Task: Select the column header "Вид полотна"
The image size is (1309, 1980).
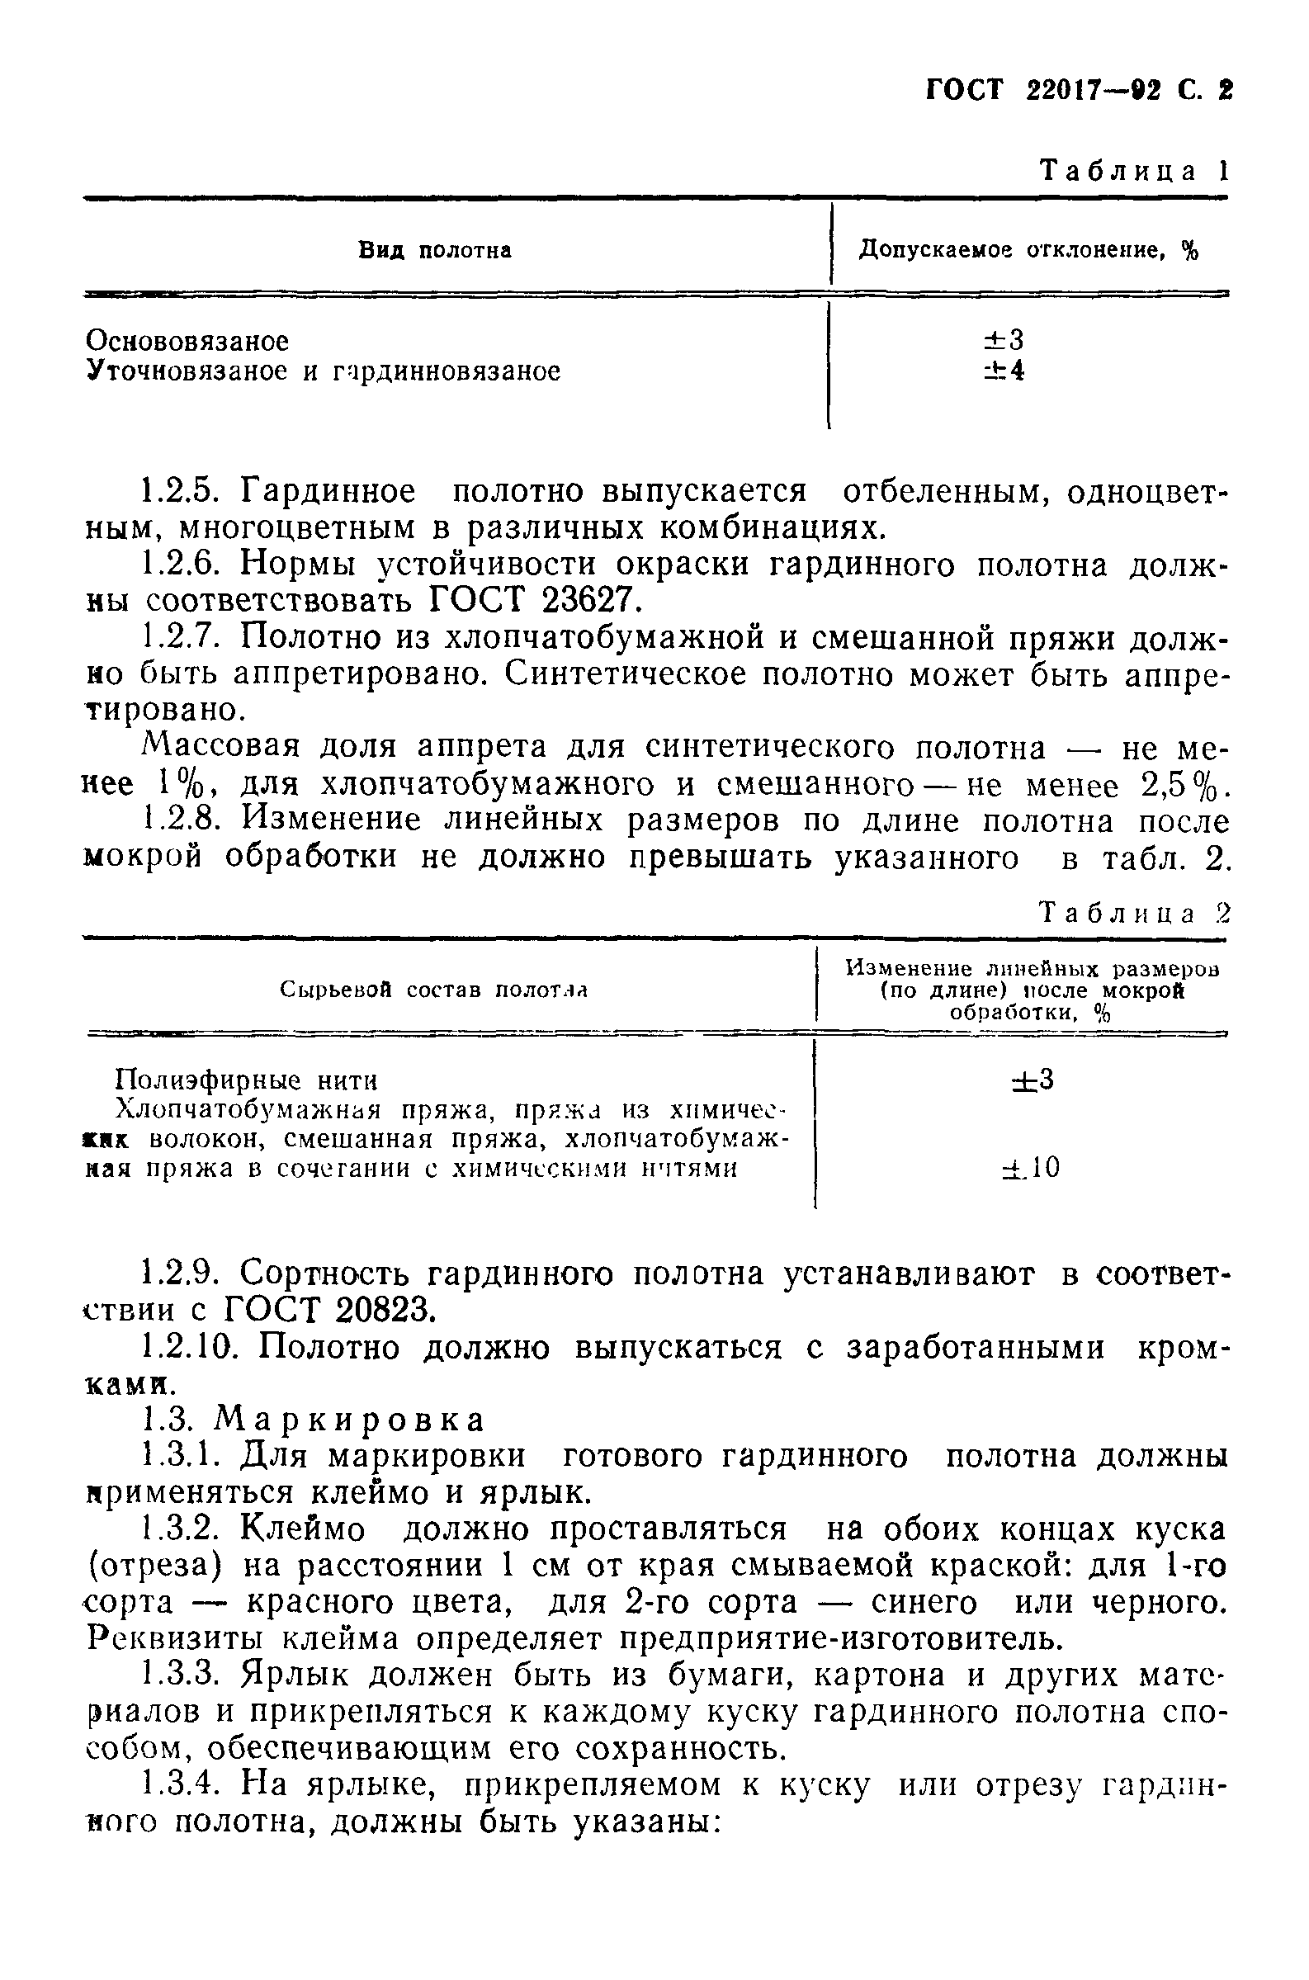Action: (x=435, y=250)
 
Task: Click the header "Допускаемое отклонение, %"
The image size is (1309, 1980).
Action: (x=1028, y=250)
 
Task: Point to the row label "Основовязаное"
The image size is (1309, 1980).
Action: (x=188, y=341)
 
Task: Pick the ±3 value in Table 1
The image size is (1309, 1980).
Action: (x=1004, y=340)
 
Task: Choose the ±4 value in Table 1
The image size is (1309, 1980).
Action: (x=1004, y=370)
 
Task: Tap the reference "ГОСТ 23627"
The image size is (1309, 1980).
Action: (x=536, y=599)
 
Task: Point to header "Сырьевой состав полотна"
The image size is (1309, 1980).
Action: (x=434, y=990)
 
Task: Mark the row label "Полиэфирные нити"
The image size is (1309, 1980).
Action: (x=246, y=1081)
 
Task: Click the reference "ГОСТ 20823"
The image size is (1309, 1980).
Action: (x=330, y=1311)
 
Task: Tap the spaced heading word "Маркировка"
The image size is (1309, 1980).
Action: (x=350, y=1420)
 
